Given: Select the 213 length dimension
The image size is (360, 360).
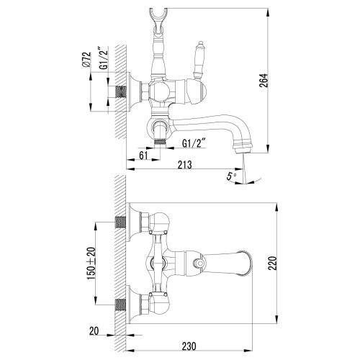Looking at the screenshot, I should click(x=186, y=166).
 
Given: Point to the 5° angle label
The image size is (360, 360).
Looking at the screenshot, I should click(x=229, y=175).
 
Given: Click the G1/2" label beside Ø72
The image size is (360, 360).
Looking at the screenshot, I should click(x=102, y=60).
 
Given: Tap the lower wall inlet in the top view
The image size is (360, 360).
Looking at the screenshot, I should click(x=121, y=302).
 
